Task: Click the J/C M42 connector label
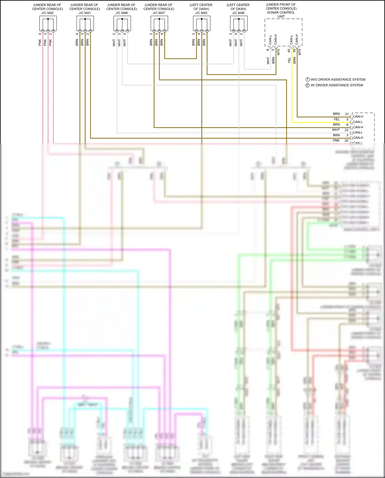point(47,13)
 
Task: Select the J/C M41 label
point(85,13)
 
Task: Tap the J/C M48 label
point(122,13)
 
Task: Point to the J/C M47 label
point(159,13)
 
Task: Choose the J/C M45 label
point(201,13)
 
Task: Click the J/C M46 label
point(238,13)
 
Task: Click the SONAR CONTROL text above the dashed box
point(281,12)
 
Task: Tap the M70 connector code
point(278,52)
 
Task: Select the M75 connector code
point(300,52)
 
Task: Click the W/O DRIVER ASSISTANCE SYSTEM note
point(338,80)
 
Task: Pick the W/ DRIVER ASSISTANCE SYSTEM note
point(336,85)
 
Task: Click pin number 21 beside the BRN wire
point(347,114)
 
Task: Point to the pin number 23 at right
point(346,130)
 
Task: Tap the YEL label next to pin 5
point(336,119)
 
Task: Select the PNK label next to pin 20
point(336,140)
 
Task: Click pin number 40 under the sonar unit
point(289,51)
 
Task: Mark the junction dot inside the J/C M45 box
point(202,19)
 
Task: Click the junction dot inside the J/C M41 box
point(85,19)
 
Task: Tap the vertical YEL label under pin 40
point(289,60)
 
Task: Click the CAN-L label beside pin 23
point(358,133)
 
